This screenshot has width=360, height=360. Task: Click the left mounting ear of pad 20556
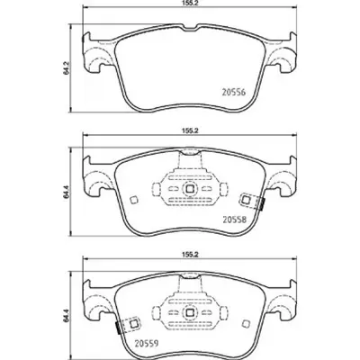pos(92,56)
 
